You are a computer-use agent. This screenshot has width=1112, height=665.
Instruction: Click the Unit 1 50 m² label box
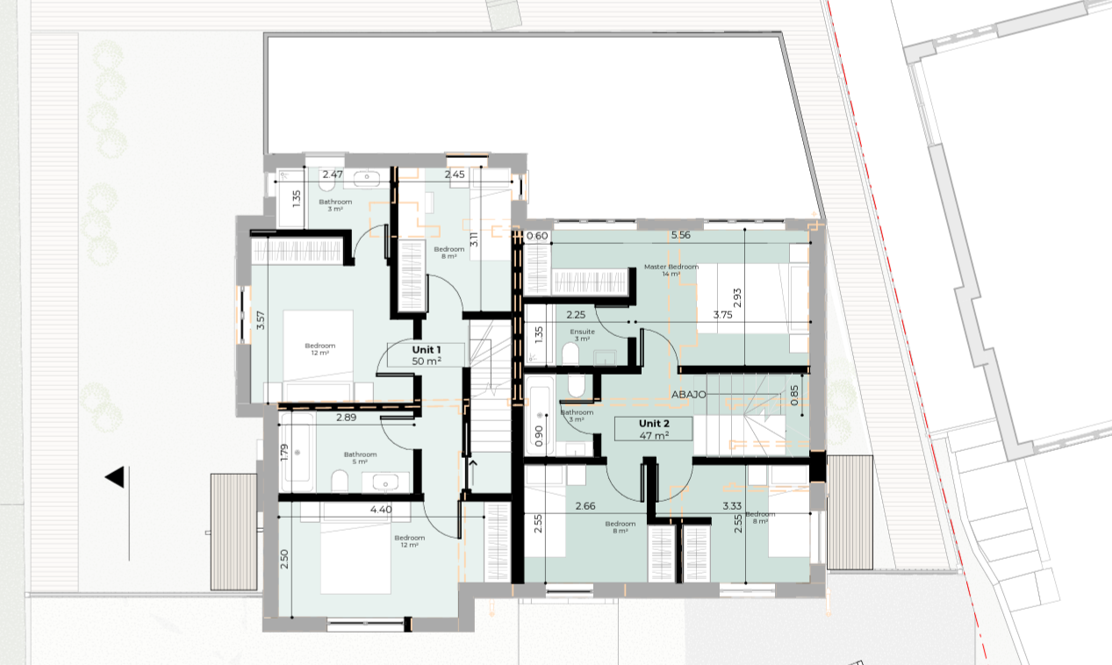(427, 354)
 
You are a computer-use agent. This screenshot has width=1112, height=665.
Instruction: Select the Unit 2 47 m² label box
(654, 429)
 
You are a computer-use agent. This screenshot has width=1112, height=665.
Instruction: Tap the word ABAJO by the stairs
(690, 395)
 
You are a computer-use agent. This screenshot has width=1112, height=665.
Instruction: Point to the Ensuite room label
(582, 335)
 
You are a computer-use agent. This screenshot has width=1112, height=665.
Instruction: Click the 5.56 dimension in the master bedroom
(681, 235)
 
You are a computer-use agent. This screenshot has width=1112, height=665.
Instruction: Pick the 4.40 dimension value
(381, 509)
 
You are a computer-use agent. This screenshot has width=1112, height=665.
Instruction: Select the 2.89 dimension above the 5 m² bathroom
(346, 418)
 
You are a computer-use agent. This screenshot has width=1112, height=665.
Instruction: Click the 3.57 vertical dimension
(260, 320)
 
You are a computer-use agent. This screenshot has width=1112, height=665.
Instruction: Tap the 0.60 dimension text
(537, 235)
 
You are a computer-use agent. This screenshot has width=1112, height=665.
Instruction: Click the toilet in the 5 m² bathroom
(339, 480)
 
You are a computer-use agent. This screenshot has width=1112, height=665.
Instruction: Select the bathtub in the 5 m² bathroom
(298, 452)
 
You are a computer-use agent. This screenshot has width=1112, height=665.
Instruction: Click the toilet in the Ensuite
(570, 353)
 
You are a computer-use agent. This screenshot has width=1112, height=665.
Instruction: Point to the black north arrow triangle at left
(114, 478)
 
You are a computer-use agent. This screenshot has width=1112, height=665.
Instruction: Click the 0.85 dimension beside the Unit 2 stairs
(794, 395)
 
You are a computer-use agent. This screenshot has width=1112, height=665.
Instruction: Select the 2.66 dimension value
(585, 505)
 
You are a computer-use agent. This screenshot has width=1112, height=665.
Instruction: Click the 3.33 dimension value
(733, 505)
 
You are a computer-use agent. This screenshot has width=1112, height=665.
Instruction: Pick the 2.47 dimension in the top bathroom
(332, 175)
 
